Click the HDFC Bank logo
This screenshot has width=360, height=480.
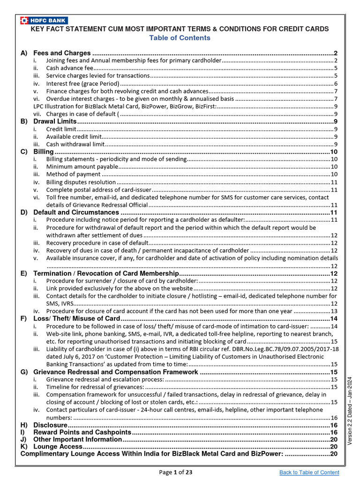[x=44, y=20]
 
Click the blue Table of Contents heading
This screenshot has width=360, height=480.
[x=180, y=37]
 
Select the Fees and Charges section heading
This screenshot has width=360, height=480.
[x=62, y=53]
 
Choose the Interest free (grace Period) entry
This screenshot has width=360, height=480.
[x=82, y=83]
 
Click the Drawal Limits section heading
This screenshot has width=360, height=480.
[x=55, y=121]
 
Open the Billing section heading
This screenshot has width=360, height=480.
[x=44, y=152]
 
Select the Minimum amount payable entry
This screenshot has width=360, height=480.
[x=82, y=167]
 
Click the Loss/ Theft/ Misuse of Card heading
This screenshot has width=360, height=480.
[x=77, y=319]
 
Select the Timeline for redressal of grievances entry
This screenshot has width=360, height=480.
[x=95, y=387]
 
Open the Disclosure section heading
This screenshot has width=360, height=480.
[x=50, y=425]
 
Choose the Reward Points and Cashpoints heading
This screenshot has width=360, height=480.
[x=82, y=432]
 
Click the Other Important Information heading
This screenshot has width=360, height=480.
[x=77, y=439]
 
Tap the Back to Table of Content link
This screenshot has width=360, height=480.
[x=309, y=472]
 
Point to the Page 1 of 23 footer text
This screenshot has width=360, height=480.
[x=176, y=472]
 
